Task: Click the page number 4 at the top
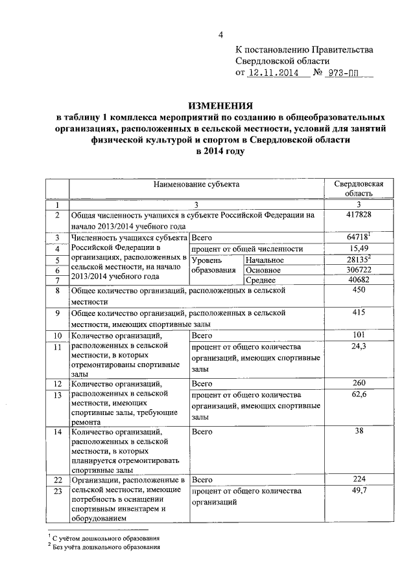[x=220, y=35]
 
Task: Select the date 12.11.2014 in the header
[x=272, y=73]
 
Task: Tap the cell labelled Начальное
[x=265, y=259]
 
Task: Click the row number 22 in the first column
[x=57, y=480]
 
